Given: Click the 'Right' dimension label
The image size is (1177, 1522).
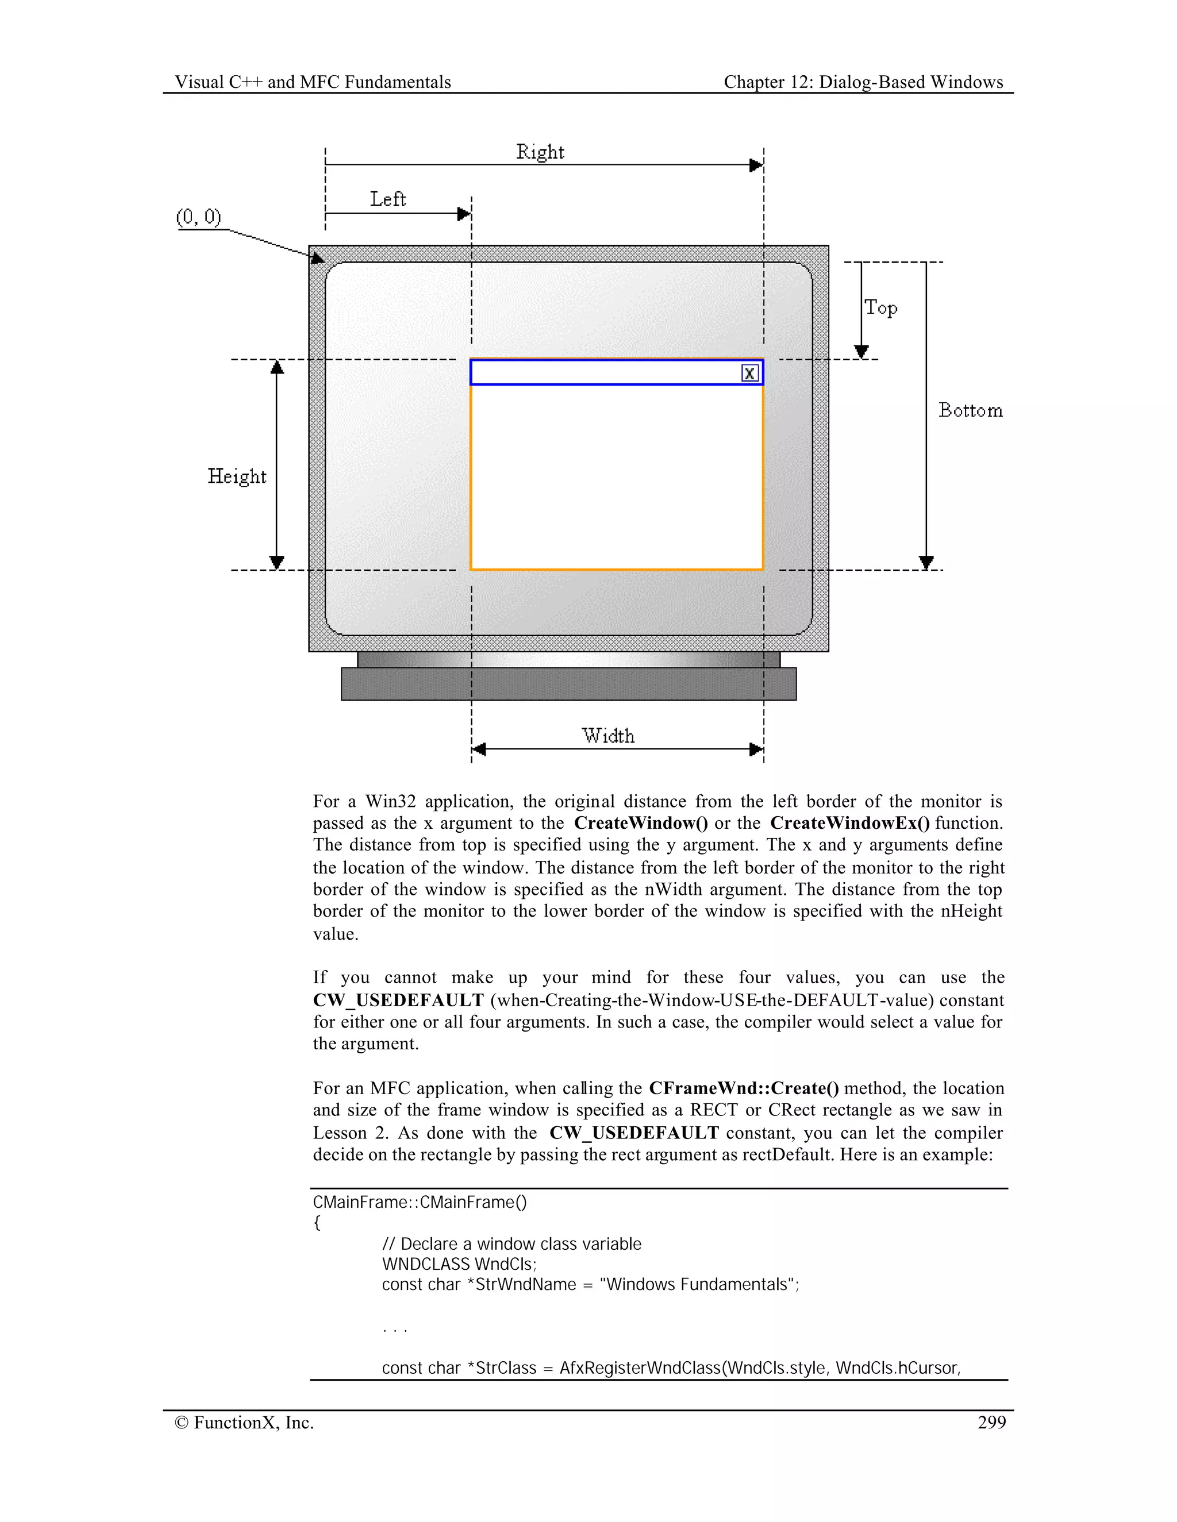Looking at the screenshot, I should pyautogui.click(x=540, y=152).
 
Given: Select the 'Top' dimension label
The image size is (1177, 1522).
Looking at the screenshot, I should pyautogui.click(x=880, y=308).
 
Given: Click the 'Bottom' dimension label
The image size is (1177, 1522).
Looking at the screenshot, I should pyautogui.click(x=970, y=411).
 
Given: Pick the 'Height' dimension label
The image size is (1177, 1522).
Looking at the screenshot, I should pyautogui.click(x=237, y=477).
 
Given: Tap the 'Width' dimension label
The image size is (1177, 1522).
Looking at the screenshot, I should pyautogui.click(x=608, y=736).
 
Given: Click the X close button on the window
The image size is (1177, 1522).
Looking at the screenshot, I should pyautogui.click(x=749, y=373).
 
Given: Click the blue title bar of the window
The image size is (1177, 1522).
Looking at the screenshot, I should pyautogui.click(x=599, y=373).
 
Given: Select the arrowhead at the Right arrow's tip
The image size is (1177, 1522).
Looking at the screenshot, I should pyautogui.click(x=756, y=165).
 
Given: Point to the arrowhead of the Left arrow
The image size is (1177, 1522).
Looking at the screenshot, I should pyautogui.click(x=464, y=214).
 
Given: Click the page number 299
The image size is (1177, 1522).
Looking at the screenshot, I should pyautogui.click(x=991, y=1422).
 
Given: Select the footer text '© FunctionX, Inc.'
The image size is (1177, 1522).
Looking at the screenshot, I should pyautogui.click(x=244, y=1422).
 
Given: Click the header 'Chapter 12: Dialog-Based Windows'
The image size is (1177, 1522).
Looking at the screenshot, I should pyautogui.click(x=863, y=82).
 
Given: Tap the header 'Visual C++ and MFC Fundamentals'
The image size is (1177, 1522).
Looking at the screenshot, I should pyautogui.click(x=313, y=82).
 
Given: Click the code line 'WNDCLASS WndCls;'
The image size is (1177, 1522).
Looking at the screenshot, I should pyautogui.click(x=459, y=1264).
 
